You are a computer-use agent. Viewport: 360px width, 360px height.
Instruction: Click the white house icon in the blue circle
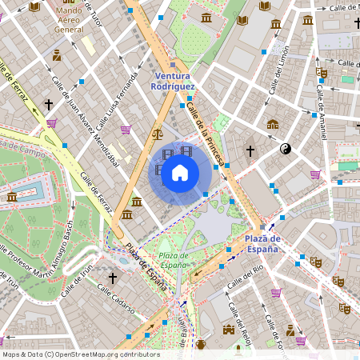coord(180,172)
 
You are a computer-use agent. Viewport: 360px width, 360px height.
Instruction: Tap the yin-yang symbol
coord(286,149)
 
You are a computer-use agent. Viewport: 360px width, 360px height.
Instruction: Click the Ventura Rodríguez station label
coord(174,81)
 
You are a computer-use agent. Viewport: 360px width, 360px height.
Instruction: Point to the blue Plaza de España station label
coord(262,243)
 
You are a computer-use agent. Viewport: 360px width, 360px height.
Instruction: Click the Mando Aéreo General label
coord(69,18)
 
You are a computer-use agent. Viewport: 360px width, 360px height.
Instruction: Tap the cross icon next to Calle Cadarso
coord(113,278)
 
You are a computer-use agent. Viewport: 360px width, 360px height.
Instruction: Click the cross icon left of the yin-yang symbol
coord(250,150)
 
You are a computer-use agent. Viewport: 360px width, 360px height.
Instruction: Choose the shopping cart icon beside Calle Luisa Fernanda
coord(126,130)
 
